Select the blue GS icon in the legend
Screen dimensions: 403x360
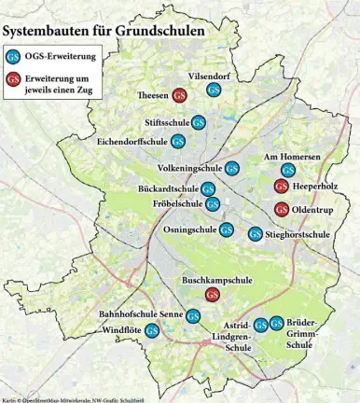point(14,55)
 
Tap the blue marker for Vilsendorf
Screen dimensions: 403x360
point(214,90)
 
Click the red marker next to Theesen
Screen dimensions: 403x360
point(178,94)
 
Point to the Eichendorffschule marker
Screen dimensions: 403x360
point(177,142)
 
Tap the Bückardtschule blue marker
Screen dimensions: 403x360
point(210,189)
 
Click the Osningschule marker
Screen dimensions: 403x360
point(226,229)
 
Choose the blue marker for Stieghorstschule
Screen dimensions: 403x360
point(255,233)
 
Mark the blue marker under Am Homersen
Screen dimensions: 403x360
point(288,170)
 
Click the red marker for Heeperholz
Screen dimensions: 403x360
point(281,187)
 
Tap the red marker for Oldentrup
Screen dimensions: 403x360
point(281,208)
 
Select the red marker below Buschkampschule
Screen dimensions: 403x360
point(212,295)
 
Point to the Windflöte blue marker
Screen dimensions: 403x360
point(152,330)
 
